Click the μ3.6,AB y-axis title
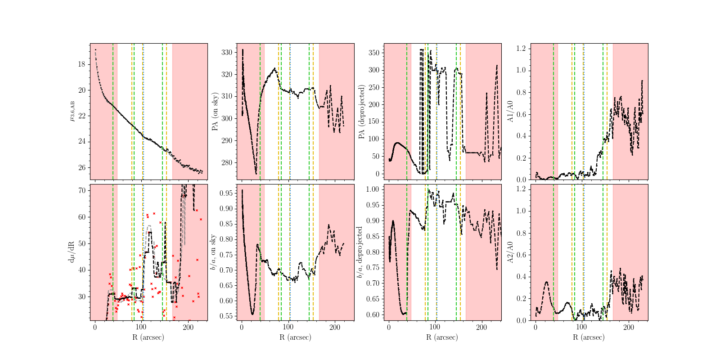(72, 112)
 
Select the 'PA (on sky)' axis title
(215, 112)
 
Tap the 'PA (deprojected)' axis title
(362, 112)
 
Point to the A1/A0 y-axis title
(510, 112)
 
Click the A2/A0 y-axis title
(510, 252)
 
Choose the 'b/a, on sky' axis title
(213, 252)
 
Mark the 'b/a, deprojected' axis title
(360, 252)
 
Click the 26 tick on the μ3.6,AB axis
(81, 167)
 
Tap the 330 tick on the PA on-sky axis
(227, 52)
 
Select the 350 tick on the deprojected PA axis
(373, 53)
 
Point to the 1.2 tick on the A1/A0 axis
(521, 49)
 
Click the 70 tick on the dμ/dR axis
(81, 190)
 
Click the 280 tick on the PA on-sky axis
(227, 162)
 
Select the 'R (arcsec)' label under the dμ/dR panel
(148, 337)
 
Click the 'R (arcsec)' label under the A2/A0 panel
(589, 337)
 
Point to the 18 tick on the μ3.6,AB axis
(81, 64)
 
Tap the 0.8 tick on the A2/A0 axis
(521, 233)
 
